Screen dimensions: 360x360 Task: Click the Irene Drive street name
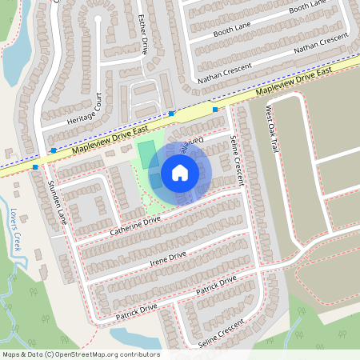[167, 259]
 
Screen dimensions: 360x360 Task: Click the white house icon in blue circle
[179, 173]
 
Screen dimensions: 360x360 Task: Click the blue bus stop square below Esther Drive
[171, 114]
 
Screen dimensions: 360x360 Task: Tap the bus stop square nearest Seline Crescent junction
[215, 109]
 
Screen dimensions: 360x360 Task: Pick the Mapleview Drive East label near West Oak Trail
[299, 83]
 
